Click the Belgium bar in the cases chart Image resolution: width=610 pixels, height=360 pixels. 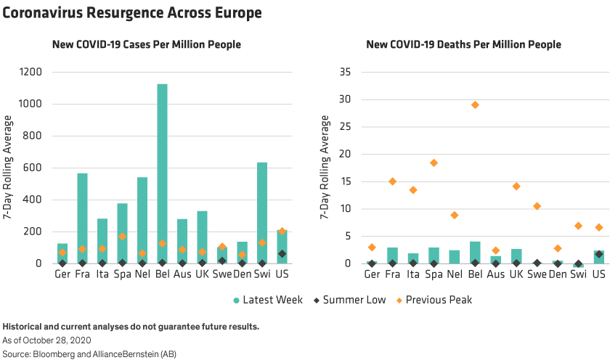162,174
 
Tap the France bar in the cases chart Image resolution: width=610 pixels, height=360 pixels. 82,218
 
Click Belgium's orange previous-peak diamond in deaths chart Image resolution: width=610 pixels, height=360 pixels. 475,105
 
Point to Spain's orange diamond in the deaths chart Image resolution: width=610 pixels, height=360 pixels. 434,163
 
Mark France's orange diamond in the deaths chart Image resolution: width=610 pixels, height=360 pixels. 392,181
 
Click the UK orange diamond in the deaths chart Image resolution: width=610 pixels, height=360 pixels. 516,187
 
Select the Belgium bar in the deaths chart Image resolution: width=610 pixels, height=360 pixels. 475,252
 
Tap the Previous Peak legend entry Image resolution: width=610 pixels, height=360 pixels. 434,299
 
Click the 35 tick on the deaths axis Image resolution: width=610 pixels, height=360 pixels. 345,72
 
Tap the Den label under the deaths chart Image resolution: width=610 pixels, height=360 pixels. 558,275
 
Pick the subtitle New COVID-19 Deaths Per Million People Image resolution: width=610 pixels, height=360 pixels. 463,45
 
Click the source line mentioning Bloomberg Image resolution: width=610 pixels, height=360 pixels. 89,353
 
